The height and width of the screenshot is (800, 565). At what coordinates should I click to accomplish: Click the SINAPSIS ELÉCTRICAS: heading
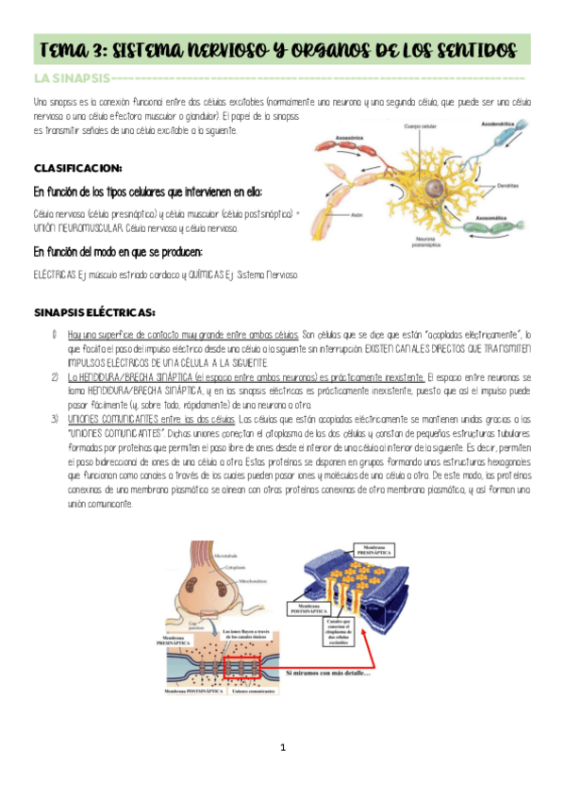point(94,311)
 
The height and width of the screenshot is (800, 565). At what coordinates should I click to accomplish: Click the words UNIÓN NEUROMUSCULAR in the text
point(79,228)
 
